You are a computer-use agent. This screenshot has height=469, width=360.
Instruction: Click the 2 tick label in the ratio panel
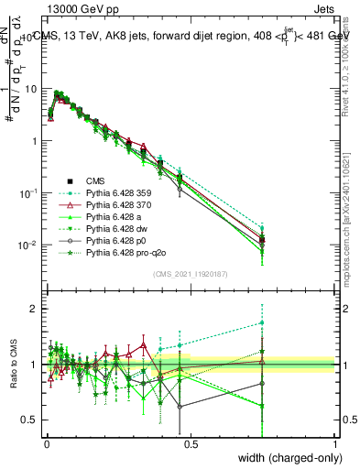34,309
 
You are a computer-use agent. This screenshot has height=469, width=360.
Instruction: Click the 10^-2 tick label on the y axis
27,245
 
